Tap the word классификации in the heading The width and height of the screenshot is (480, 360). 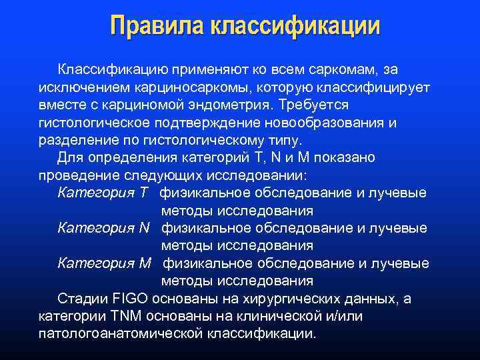point(295,26)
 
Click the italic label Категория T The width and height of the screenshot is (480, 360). point(103,193)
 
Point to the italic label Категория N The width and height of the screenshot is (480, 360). point(103,228)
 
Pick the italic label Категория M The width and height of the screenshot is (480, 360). point(105,263)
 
